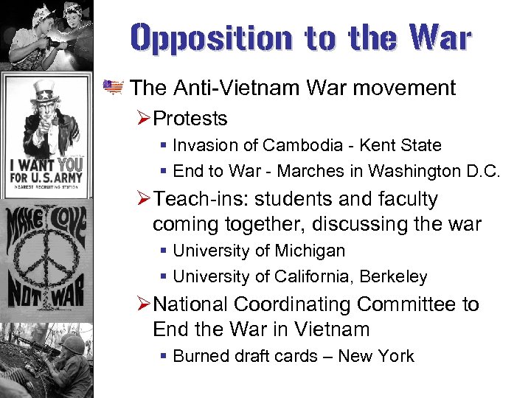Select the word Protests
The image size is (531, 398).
[x=191, y=119]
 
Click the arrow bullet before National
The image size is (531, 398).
[x=144, y=304]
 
